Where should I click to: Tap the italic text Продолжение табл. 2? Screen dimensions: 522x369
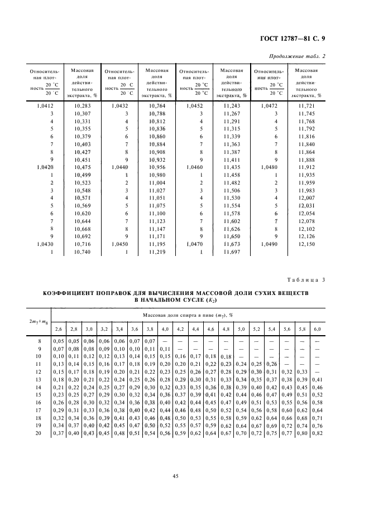[x=317, y=56]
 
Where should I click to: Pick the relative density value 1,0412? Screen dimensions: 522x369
[x=44, y=105]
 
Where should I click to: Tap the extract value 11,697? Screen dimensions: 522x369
[x=231, y=252]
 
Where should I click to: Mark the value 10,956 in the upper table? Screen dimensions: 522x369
[x=157, y=167]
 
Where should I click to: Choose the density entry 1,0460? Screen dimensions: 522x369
[x=193, y=167]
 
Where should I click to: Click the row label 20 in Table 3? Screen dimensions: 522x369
[x=39, y=432]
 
